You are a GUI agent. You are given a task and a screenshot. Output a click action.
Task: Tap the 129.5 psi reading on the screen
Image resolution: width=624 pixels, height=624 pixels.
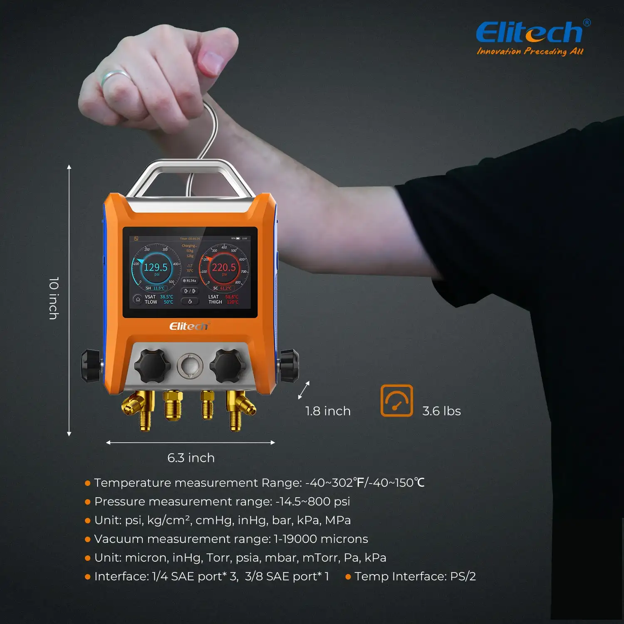point(156,267)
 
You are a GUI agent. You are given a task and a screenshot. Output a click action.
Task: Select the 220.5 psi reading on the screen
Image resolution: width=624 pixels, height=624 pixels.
point(224,267)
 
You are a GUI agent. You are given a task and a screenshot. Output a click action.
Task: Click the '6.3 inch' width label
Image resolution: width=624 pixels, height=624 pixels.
point(191,458)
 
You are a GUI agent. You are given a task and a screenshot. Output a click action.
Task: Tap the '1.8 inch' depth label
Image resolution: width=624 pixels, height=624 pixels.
point(328,411)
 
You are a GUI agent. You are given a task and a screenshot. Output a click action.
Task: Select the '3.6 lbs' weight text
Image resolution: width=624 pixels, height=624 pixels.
point(441,411)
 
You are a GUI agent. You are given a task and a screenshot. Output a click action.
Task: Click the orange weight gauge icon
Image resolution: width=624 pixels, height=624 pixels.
point(396,401)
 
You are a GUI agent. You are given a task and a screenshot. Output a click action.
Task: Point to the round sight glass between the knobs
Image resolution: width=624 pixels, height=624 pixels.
point(190,366)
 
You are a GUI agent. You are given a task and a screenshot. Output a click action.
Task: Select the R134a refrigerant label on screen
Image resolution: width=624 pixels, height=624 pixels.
point(189,281)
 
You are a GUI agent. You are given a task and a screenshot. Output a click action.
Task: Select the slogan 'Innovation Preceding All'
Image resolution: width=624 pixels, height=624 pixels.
point(530,52)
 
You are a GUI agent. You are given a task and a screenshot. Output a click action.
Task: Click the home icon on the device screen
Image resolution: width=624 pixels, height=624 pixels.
point(138,299)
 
